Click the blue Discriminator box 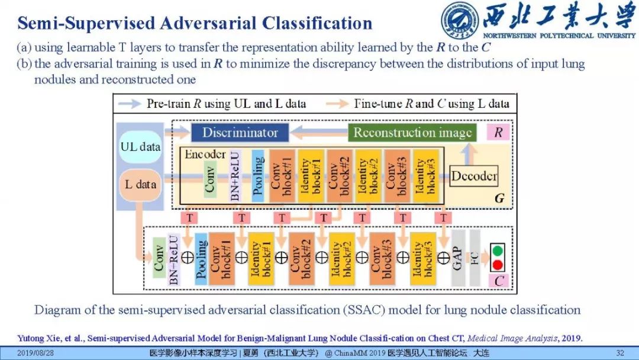[240, 133]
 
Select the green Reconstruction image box [412, 133]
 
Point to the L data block [140, 184]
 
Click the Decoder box [473, 176]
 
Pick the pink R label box [498, 133]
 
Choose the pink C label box [499, 281]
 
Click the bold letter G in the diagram [499, 199]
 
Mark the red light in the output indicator [498, 264]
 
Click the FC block [475, 258]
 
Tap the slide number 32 [620, 353]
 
